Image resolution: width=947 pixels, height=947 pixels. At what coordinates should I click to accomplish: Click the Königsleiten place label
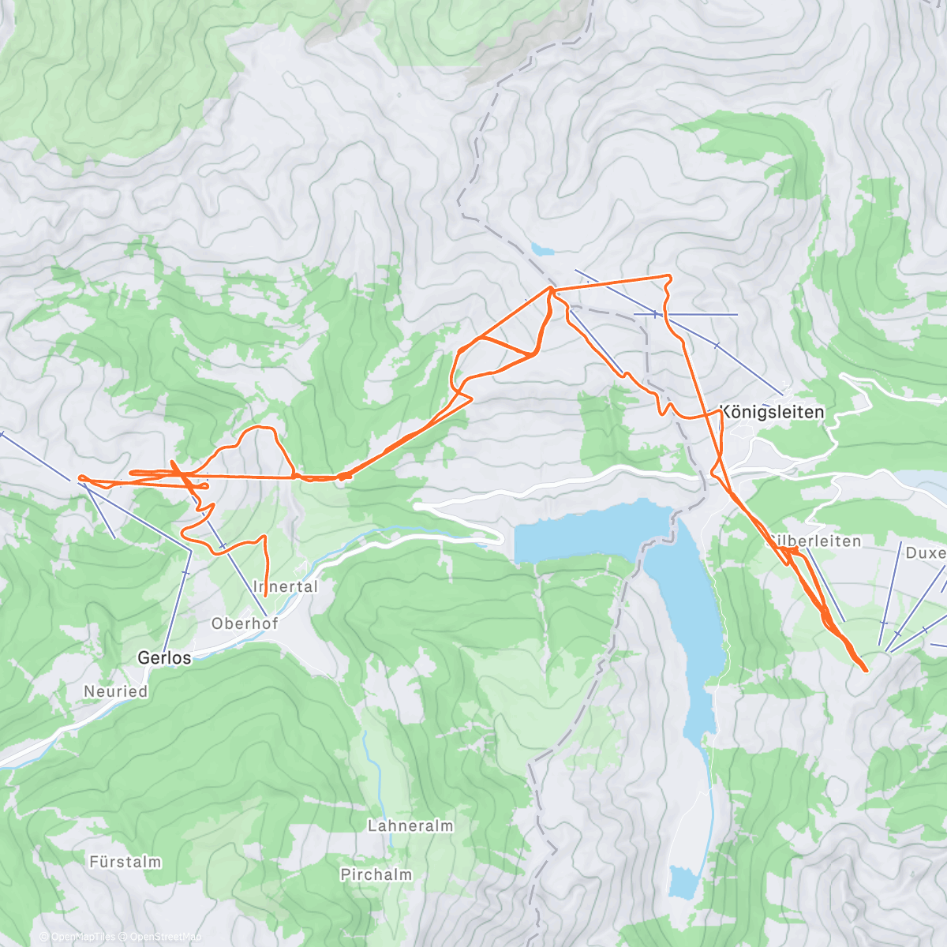tap(772, 412)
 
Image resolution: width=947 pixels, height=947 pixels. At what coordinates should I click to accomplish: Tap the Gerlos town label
tap(164, 657)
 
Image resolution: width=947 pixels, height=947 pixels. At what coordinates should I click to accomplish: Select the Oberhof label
tap(245, 623)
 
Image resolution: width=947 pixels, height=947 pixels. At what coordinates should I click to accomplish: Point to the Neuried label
tap(116, 691)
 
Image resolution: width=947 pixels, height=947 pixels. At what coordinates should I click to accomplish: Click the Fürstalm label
tap(125, 862)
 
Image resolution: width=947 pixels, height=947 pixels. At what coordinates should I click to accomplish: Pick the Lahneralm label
tap(410, 826)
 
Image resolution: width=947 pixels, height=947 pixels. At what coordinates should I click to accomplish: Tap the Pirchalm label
tap(376, 874)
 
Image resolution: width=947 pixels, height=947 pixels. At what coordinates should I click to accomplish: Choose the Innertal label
tap(286, 586)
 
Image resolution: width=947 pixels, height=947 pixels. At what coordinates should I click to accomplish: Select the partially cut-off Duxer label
tap(925, 552)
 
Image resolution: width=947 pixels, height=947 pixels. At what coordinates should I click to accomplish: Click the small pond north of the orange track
tap(542, 249)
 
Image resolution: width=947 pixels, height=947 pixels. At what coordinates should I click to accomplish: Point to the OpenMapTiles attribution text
tap(77, 937)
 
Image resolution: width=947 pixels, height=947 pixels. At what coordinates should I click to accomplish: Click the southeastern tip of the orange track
tap(867, 671)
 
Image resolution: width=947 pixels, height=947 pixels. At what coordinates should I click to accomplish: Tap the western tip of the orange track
tap(80, 477)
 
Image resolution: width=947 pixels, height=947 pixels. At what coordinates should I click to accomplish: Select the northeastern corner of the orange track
tap(670, 275)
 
